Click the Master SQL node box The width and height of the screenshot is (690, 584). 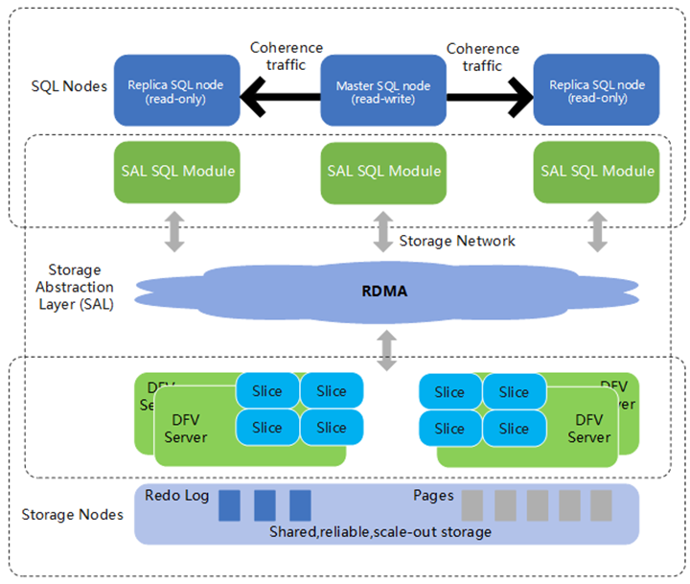tap(382, 92)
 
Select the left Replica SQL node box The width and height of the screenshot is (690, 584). tap(175, 92)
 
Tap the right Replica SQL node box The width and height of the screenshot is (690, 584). tap(596, 92)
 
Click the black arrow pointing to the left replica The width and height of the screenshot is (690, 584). tap(279, 96)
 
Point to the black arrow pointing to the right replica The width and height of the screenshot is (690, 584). tap(490, 96)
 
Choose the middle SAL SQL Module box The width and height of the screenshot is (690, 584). tap(383, 172)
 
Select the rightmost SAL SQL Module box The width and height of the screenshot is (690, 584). tap(597, 172)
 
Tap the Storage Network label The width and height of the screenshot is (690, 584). tap(456, 241)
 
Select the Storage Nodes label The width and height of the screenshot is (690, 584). tap(73, 515)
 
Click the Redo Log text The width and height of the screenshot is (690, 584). tap(175, 496)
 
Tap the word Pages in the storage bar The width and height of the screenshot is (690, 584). tap(433, 496)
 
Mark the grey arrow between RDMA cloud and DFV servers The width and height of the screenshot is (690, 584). tap(387, 349)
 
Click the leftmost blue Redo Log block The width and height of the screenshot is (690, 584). tap(229, 505)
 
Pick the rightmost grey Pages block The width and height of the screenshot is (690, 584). tap(601, 505)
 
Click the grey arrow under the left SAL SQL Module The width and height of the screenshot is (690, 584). tap(174, 233)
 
